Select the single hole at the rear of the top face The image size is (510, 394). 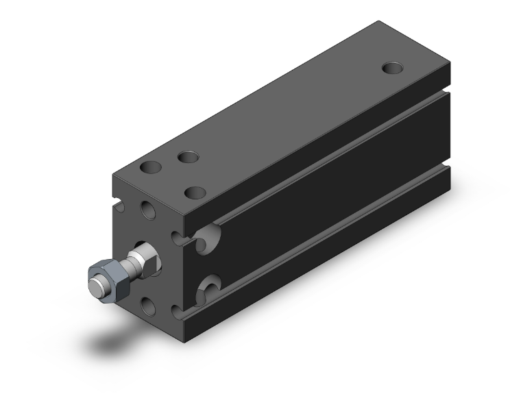pos(392,68)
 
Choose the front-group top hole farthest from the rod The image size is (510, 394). pos(186,158)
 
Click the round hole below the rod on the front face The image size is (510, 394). pos(147,302)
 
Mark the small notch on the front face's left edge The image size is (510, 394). pos(115,204)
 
